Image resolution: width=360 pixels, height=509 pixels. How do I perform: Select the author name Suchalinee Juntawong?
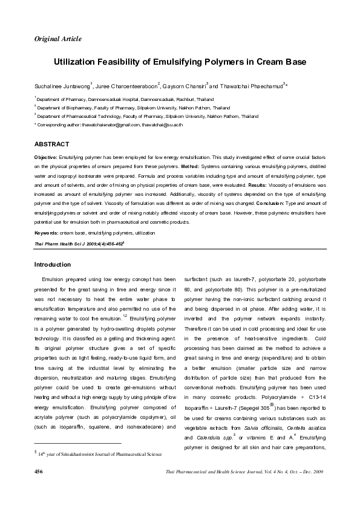pyautogui.click(x=62, y=86)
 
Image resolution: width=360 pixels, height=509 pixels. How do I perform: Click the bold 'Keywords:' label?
pyautogui.click(x=46, y=232)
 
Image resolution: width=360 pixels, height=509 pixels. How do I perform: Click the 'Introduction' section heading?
pyautogui.click(x=53, y=265)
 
